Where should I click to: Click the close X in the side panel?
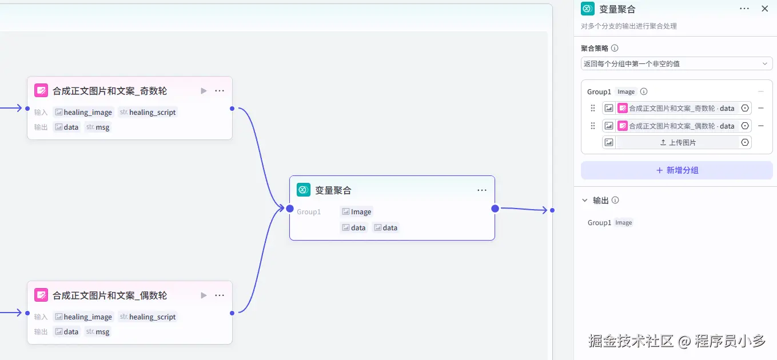764,9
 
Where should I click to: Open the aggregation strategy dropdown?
676,63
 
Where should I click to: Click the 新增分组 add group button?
676,170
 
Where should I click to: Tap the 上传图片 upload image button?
678,142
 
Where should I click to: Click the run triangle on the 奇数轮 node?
204,91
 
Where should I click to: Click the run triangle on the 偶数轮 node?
204,295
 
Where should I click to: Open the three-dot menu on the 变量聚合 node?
482,190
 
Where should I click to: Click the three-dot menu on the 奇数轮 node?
220,91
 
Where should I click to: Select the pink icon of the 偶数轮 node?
41,295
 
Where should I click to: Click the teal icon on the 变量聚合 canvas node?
304,190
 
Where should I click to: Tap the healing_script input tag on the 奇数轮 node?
148,112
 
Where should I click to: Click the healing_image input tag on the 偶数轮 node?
83,317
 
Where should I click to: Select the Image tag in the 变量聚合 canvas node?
356,211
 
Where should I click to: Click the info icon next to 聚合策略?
615,49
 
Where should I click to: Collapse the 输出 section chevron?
584,201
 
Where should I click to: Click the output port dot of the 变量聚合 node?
495,209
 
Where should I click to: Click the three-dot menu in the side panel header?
744,9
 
